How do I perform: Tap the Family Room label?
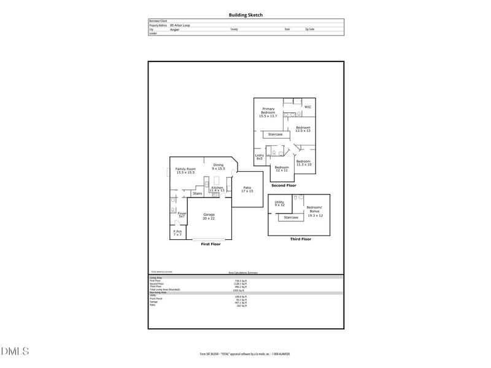coord(185,171)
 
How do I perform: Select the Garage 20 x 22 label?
coord(209,217)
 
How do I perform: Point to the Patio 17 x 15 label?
coord(247,190)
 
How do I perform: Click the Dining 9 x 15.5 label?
coord(218,167)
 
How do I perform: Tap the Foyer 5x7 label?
coord(182,215)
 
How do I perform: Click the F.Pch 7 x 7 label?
coord(177,233)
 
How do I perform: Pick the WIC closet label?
coord(307,107)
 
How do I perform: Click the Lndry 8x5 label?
coord(259,157)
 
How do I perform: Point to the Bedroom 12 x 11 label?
coord(282,169)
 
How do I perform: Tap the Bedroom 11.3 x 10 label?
coord(304,163)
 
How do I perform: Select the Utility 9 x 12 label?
coord(279,204)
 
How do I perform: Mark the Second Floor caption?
coord(284,185)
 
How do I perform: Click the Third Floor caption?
coord(301,239)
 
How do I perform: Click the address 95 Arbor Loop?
coord(180,25)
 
